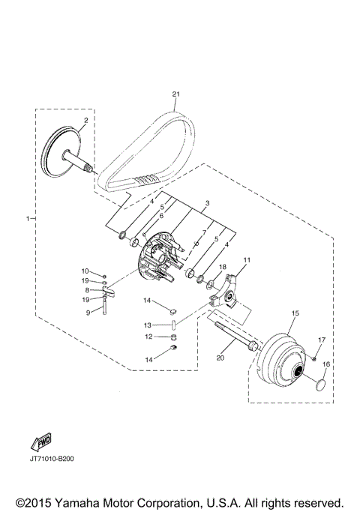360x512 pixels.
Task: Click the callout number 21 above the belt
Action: pos(175,94)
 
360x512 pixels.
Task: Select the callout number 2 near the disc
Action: pos(86,120)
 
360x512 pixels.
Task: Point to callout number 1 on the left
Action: pos(28,218)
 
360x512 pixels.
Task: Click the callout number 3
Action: pos(207,203)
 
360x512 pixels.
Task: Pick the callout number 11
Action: pos(247,260)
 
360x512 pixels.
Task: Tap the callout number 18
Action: pos(223,267)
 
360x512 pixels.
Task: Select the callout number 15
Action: pos(295,313)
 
